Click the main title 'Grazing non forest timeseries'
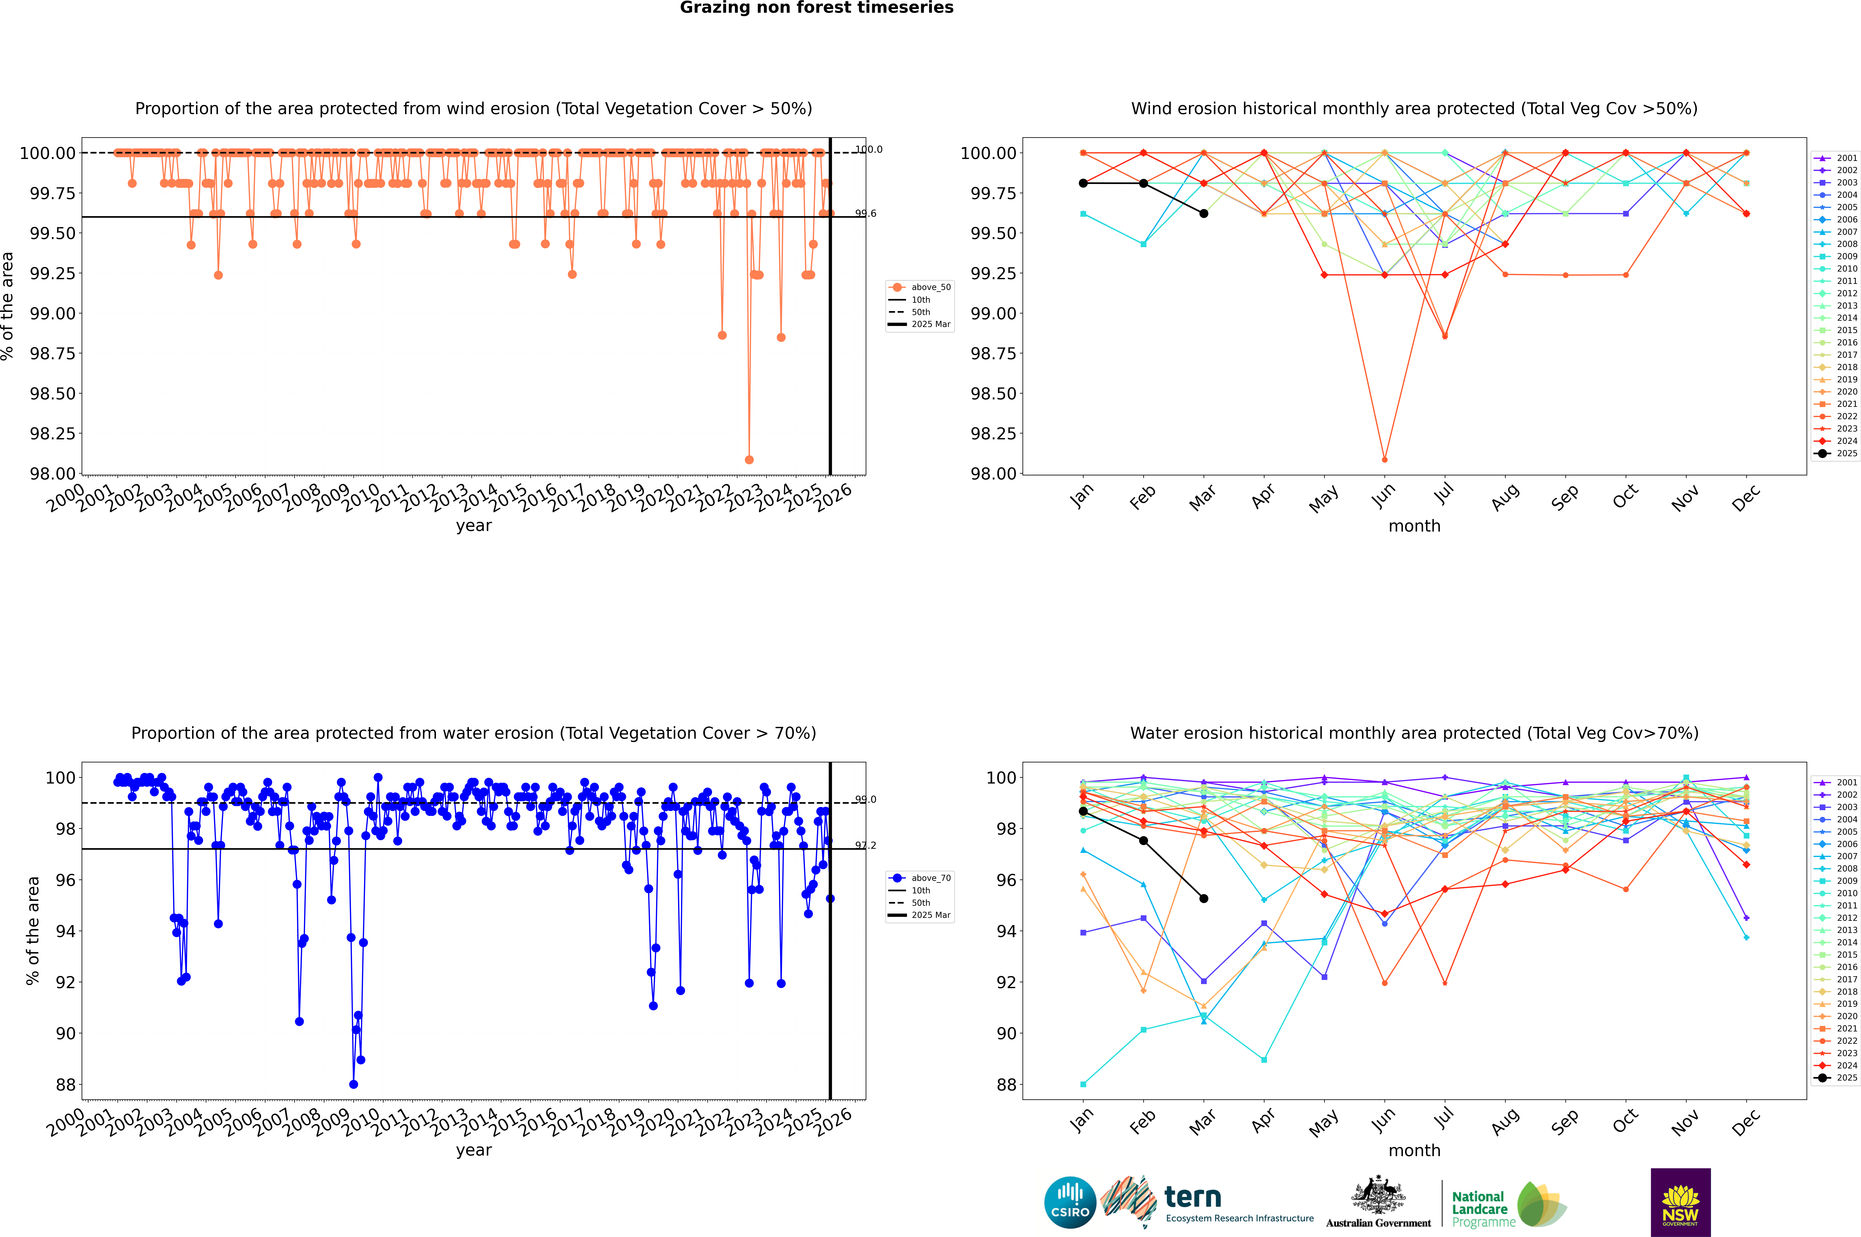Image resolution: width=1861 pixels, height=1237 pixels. click(x=817, y=8)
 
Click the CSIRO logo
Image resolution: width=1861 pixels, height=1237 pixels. click(x=1070, y=1202)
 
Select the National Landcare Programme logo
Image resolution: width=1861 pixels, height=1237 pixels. click(x=1508, y=1204)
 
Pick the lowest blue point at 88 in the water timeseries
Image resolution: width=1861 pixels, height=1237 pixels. click(x=353, y=1084)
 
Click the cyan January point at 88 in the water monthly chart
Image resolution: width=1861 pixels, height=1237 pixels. click(x=1083, y=1084)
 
